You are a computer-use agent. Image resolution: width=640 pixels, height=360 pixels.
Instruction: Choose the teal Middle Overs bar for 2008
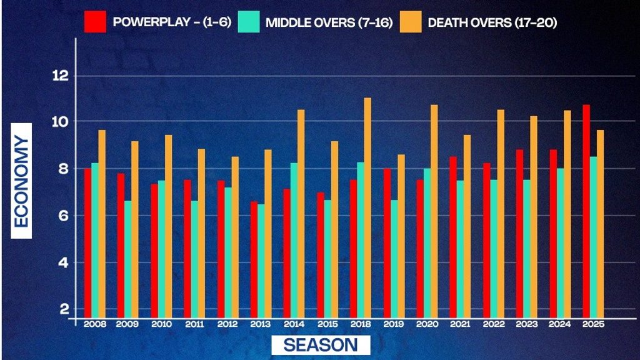click(x=95, y=240)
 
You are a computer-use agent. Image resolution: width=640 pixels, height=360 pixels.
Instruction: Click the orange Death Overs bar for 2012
click(x=234, y=237)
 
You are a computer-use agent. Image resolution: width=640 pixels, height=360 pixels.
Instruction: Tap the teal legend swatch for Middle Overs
click(x=248, y=22)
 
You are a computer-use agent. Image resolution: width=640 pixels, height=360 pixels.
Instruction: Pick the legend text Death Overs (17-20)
click(x=492, y=22)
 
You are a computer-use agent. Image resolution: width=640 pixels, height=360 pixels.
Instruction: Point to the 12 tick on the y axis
click(x=60, y=76)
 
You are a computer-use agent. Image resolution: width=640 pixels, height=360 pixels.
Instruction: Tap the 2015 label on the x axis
click(x=327, y=325)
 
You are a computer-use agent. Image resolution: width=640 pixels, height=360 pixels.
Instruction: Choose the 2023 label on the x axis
click(x=526, y=325)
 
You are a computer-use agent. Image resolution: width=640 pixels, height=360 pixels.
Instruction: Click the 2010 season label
click(x=161, y=325)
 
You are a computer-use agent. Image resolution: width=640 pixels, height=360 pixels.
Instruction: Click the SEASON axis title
click(x=321, y=345)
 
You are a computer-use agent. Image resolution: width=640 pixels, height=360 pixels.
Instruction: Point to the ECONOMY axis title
click(x=22, y=187)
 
